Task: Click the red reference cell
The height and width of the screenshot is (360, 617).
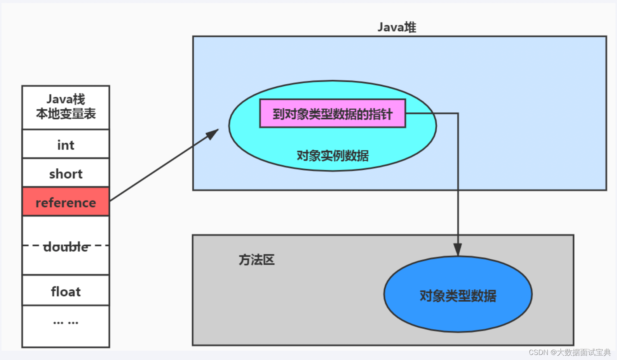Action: coord(66,202)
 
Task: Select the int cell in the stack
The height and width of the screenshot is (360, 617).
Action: coord(66,145)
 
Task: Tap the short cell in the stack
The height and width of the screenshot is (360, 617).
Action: coord(66,173)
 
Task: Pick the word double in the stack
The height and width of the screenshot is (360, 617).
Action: coord(66,246)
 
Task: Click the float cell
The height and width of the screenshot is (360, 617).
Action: coord(66,291)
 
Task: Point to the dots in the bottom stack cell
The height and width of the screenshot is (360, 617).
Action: coord(66,322)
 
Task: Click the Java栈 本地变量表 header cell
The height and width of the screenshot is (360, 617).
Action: coord(66,107)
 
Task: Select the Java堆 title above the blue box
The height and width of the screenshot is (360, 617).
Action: coord(397,27)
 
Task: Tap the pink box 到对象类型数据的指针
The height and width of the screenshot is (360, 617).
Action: coord(332,114)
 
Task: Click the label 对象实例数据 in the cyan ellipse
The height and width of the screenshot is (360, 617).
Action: coord(332,156)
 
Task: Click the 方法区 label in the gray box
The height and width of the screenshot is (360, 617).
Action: coord(256,260)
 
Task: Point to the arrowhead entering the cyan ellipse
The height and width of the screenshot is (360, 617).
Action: coord(213,134)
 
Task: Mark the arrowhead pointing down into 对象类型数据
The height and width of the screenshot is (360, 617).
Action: coord(458,249)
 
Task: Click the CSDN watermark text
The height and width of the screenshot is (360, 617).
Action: coord(569,352)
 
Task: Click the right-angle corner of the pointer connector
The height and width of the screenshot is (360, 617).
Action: coord(458,114)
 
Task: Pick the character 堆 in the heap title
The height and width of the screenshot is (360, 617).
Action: coord(410,27)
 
